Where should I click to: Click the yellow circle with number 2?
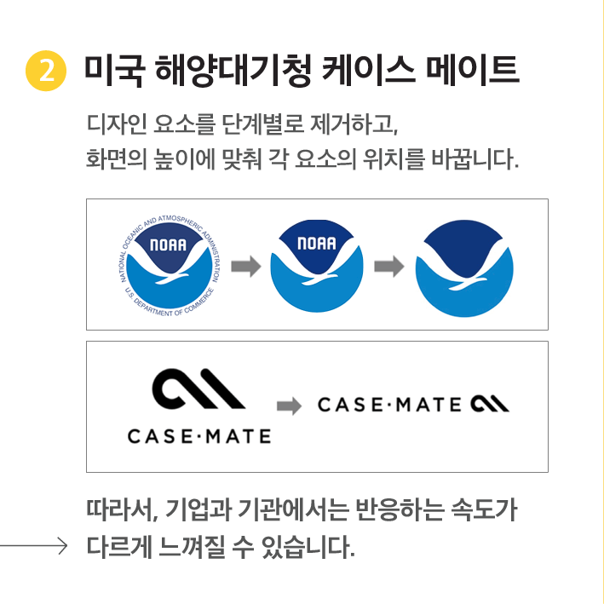click(x=46, y=71)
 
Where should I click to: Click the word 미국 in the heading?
click(x=114, y=71)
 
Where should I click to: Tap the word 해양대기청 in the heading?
click(x=233, y=71)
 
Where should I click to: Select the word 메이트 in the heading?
click(x=473, y=70)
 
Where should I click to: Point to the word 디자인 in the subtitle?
click(x=117, y=124)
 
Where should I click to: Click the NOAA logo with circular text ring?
click(x=170, y=266)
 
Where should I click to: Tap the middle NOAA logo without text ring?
click(x=317, y=266)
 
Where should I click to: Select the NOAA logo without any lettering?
click(x=464, y=268)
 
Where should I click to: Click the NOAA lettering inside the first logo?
click(x=168, y=244)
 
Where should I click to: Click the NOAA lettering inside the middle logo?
click(x=317, y=243)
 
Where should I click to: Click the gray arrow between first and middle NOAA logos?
click(x=246, y=266)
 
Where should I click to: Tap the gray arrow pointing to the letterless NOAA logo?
click(x=389, y=266)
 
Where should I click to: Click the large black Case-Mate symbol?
click(x=198, y=388)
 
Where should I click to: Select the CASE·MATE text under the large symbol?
click(x=199, y=436)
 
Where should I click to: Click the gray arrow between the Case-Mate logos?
click(x=290, y=406)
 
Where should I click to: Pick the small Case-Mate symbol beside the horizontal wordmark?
click(x=490, y=404)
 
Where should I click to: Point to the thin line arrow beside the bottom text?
click(x=34, y=546)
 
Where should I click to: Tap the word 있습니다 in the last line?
click(x=308, y=546)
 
